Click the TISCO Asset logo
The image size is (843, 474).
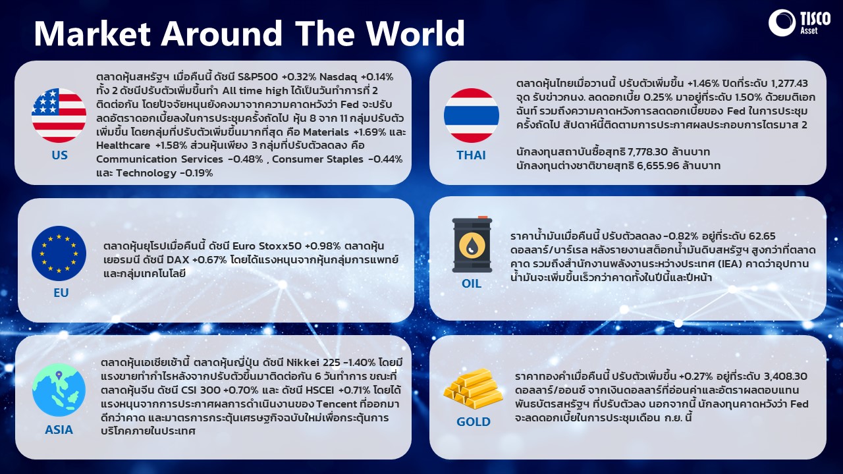[799, 22]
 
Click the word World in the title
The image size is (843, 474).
[416, 33]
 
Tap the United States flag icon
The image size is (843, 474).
[59, 115]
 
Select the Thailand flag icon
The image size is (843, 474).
[471, 115]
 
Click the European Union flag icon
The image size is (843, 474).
[59, 253]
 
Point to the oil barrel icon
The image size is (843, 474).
[472, 244]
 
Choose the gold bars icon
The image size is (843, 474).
[473, 388]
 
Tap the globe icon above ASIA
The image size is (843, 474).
[59, 390]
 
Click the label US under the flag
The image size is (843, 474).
[59, 155]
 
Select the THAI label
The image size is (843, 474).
[471, 155]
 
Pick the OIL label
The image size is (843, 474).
[471, 283]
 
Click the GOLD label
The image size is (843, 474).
[473, 422]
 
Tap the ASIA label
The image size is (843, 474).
[59, 430]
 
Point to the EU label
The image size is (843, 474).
[61, 293]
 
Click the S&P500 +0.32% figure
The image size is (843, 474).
[277, 77]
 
